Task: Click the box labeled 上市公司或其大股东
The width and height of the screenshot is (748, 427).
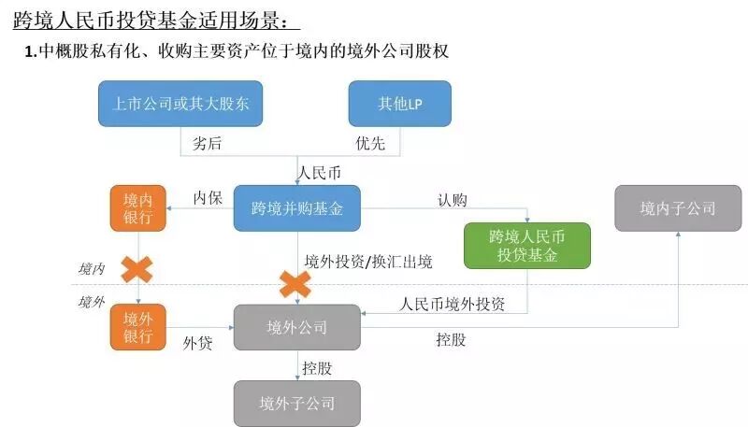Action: point(180,104)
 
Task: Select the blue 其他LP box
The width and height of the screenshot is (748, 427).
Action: point(399,104)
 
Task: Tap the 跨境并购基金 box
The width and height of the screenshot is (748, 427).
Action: point(296,208)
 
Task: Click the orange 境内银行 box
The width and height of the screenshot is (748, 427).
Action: point(137,208)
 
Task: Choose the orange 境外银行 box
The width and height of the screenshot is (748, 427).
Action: point(137,328)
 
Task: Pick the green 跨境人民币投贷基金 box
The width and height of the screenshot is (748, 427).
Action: point(527,246)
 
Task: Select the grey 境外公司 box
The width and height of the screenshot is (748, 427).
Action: point(296,328)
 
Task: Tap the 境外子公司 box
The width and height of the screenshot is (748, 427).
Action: point(296,404)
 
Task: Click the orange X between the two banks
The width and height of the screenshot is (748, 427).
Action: point(137,269)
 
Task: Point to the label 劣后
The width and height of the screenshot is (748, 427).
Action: point(208,143)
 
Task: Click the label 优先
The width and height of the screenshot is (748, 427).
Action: point(369,143)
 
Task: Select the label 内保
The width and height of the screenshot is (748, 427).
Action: point(207,198)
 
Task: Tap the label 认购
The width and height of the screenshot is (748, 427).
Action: point(453,199)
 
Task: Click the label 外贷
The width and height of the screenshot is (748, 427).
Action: point(197,343)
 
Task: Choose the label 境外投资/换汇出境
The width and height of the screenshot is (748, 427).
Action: point(368,262)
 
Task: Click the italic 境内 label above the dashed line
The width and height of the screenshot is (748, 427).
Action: point(91,269)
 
